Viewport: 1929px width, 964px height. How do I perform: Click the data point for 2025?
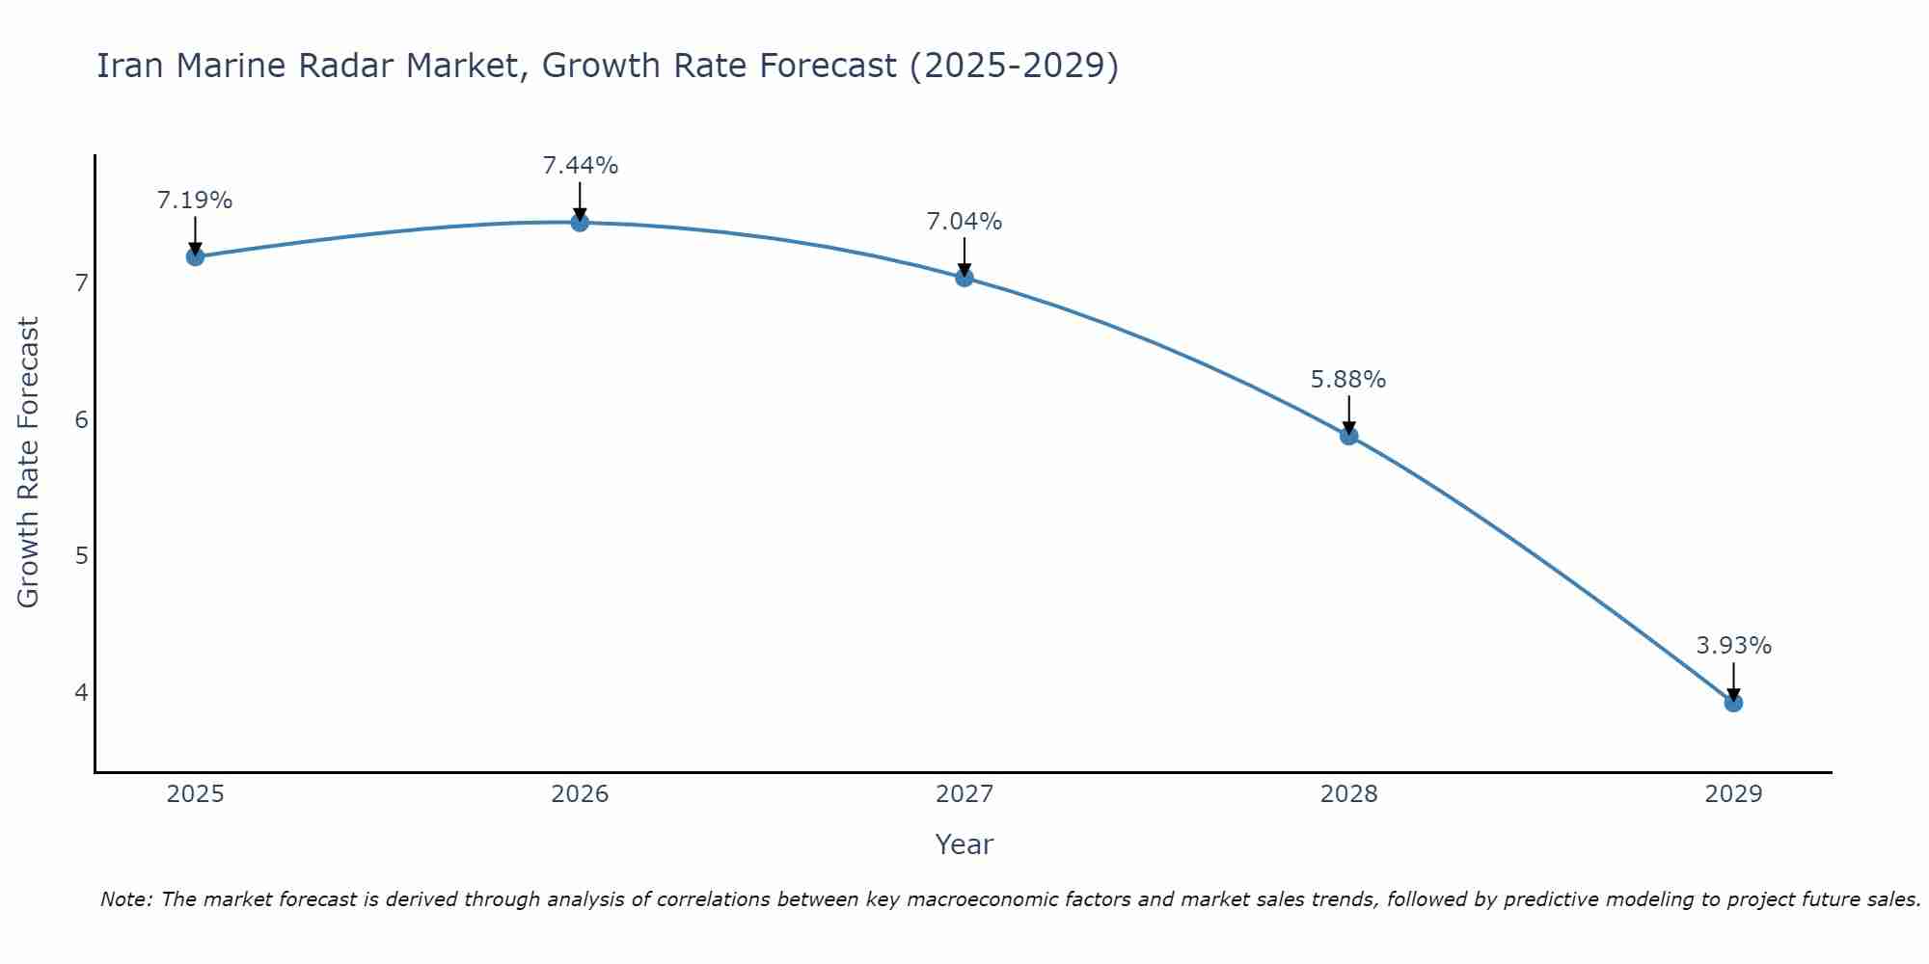click(x=195, y=256)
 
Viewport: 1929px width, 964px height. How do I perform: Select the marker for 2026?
click(x=580, y=223)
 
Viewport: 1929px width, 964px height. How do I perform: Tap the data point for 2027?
click(x=964, y=278)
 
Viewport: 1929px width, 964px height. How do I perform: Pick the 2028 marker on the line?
click(x=1348, y=436)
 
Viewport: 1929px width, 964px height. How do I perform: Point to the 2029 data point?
click(x=1733, y=703)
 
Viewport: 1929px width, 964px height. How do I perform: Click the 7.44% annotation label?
click(x=580, y=166)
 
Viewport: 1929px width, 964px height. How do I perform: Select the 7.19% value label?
click(x=195, y=201)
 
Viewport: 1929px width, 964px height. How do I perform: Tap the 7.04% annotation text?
click(x=964, y=222)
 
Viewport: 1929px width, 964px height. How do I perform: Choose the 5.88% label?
click(x=1348, y=380)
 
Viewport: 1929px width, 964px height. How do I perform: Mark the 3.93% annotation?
click(x=1733, y=646)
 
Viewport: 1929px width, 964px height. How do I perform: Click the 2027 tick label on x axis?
click(x=964, y=794)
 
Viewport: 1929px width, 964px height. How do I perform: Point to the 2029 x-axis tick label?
click(x=1733, y=794)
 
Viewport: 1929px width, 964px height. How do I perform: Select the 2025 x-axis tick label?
click(x=195, y=794)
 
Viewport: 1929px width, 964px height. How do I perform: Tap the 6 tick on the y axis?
click(x=81, y=419)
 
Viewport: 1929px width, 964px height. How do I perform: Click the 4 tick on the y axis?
click(x=81, y=692)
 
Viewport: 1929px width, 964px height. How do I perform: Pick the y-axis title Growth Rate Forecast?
click(x=29, y=463)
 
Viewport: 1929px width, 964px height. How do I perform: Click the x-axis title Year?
click(x=964, y=844)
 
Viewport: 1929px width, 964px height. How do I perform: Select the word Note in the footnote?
click(x=125, y=899)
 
